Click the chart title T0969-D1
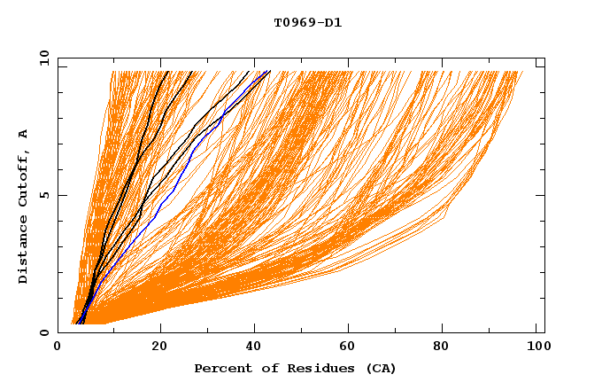[x=307, y=22]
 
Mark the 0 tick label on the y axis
[x=43, y=332]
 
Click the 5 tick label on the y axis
[x=43, y=195]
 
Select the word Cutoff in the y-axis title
[x=24, y=183]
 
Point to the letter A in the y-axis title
[x=24, y=134]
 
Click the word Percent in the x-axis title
[x=221, y=368]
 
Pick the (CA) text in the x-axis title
[x=378, y=368]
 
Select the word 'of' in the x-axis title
[x=265, y=368]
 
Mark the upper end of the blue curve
[x=266, y=71]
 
